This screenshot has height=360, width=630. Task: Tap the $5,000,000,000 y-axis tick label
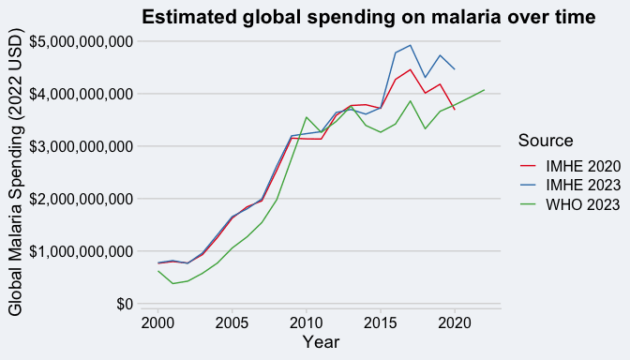point(82,42)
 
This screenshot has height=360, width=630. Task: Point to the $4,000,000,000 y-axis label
point(82,95)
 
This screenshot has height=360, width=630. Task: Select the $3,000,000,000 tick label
point(82,146)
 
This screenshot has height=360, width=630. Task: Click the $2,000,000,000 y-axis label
point(82,200)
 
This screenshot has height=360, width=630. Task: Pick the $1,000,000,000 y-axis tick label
point(82,252)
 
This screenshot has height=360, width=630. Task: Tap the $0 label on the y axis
point(125,304)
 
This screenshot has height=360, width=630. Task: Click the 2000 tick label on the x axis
point(157,323)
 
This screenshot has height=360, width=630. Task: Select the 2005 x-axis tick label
point(232,323)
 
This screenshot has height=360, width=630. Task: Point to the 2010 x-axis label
point(307,323)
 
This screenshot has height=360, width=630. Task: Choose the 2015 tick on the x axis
point(381,323)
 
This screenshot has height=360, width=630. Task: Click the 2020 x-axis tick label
point(455,323)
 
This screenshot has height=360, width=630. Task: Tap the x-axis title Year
point(321,342)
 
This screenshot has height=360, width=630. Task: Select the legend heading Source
point(546,141)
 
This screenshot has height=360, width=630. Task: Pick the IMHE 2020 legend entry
point(571,166)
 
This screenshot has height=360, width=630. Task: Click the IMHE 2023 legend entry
point(571,186)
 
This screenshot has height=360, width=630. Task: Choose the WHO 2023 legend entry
point(570,205)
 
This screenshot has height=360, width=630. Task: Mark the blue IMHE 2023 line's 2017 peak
point(411,45)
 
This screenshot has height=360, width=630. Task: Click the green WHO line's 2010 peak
point(307,117)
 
